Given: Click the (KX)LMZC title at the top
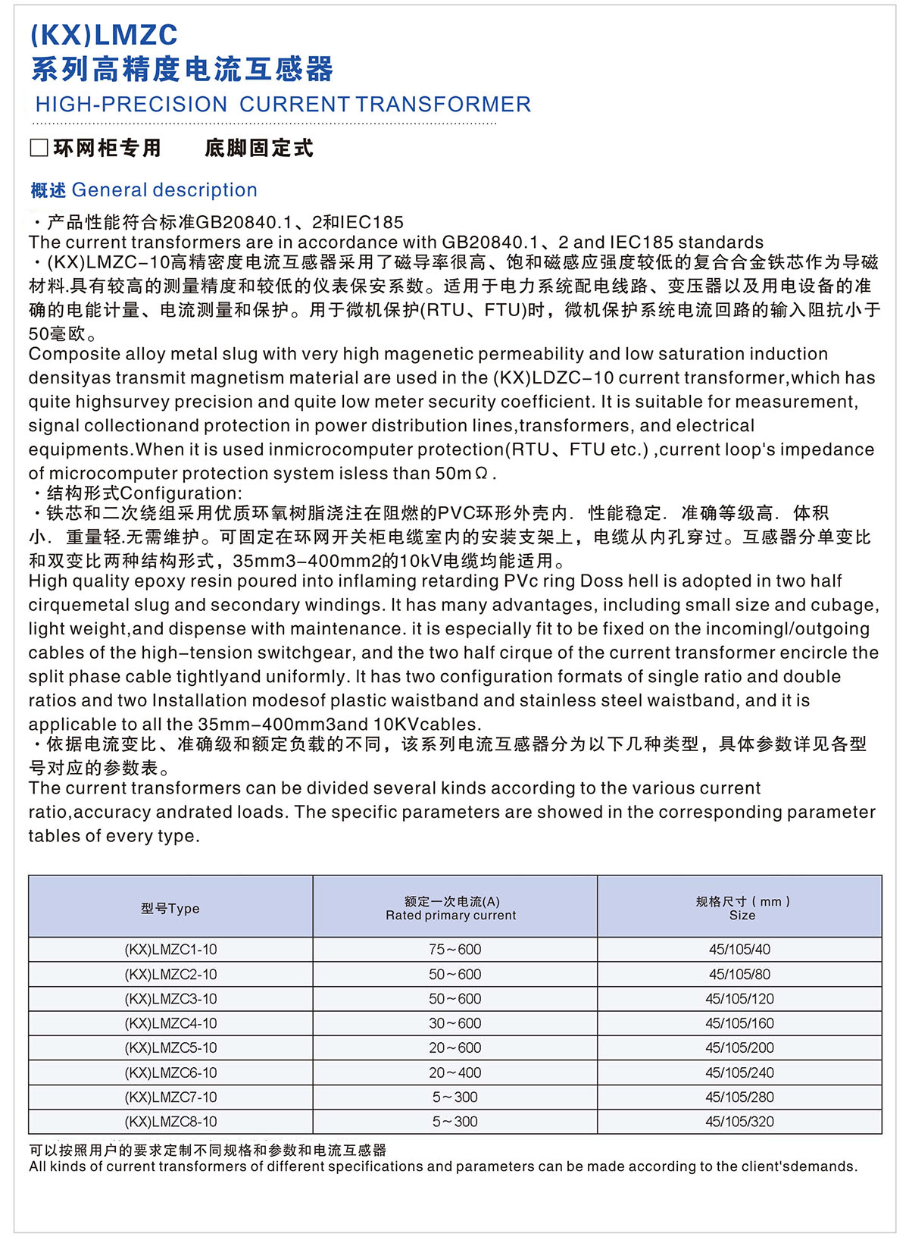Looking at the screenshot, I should click(x=104, y=35).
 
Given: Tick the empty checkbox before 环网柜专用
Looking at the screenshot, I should click(x=39, y=148).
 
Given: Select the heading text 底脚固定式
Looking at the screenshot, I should click(x=259, y=149).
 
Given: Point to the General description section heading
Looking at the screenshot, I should click(x=144, y=190).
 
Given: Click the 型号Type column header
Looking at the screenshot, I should click(x=170, y=908).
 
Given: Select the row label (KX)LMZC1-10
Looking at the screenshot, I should click(x=170, y=950).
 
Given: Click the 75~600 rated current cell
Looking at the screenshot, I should click(x=454, y=950).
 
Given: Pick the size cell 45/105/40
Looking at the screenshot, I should click(x=739, y=950).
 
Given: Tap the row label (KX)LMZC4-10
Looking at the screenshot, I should click(x=170, y=1023).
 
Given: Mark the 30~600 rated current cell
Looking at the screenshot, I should click(x=454, y=1023).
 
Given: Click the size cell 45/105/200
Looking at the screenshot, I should click(x=739, y=1048).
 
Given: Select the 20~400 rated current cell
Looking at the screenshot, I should click(x=454, y=1072).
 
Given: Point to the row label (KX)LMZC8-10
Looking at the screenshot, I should click(x=170, y=1122).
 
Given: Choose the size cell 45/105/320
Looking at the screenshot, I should click(x=739, y=1122).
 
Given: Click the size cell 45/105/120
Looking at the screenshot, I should click(x=739, y=999).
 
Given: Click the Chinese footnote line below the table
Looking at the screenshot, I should click(x=208, y=1150).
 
